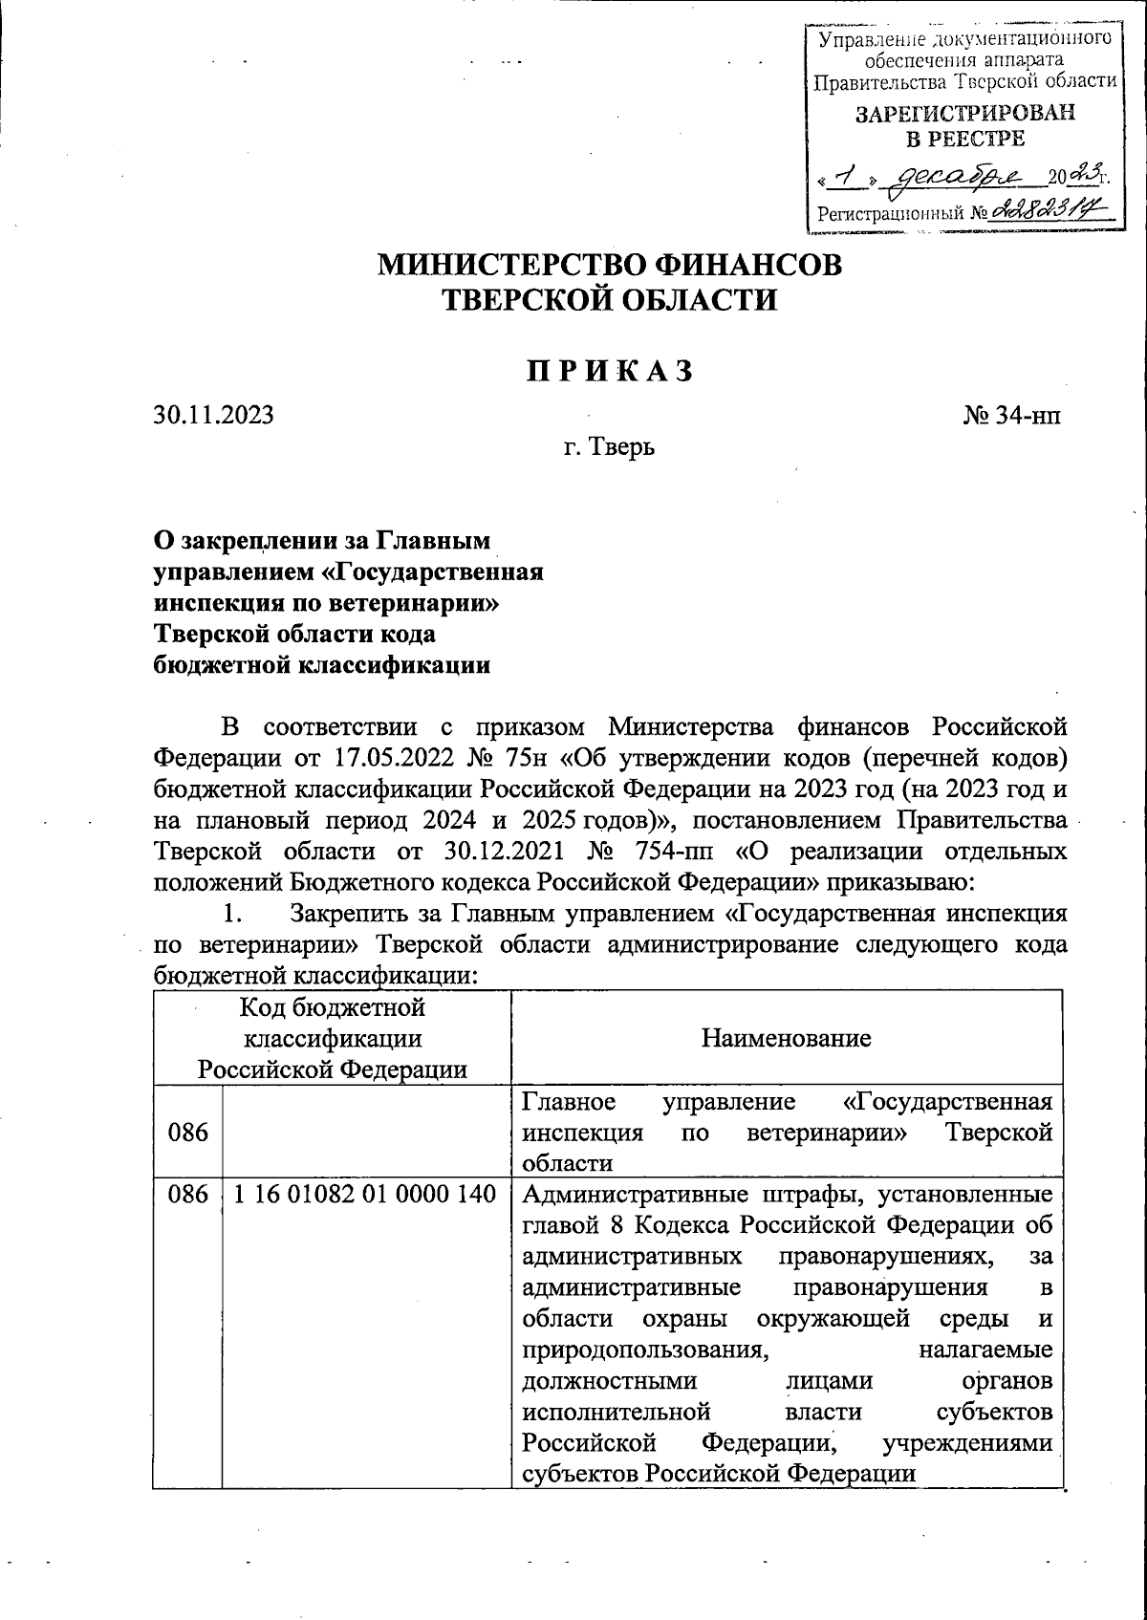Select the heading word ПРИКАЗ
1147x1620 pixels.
click(610, 371)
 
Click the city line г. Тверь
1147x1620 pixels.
click(610, 446)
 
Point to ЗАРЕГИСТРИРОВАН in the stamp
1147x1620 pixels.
click(964, 113)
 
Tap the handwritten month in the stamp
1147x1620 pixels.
click(963, 175)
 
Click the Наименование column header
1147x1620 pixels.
click(786, 1038)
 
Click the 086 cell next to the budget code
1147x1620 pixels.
click(187, 1194)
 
